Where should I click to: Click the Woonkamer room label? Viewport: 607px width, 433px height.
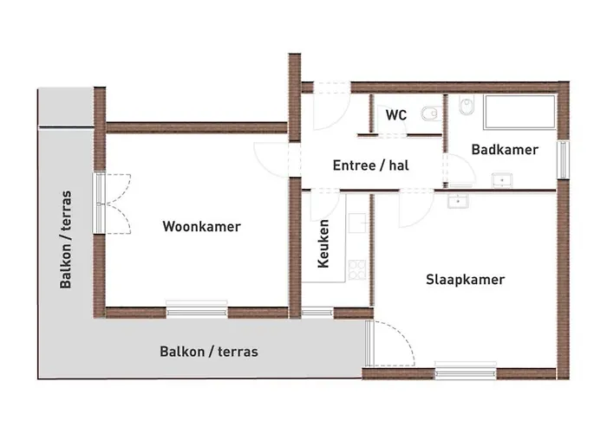(201, 227)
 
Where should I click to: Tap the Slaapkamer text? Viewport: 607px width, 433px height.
(465, 280)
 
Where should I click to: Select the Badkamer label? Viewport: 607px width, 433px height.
(505, 150)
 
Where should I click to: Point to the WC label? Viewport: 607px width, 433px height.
(396, 114)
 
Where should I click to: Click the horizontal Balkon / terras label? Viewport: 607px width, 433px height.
(208, 352)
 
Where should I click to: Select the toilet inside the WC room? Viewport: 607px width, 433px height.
(428, 113)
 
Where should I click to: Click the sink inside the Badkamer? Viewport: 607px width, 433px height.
(501, 181)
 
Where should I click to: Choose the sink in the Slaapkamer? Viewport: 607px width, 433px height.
(455, 201)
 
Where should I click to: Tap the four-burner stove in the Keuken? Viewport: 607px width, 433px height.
(356, 270)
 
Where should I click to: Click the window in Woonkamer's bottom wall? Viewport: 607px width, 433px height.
(197, 309)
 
